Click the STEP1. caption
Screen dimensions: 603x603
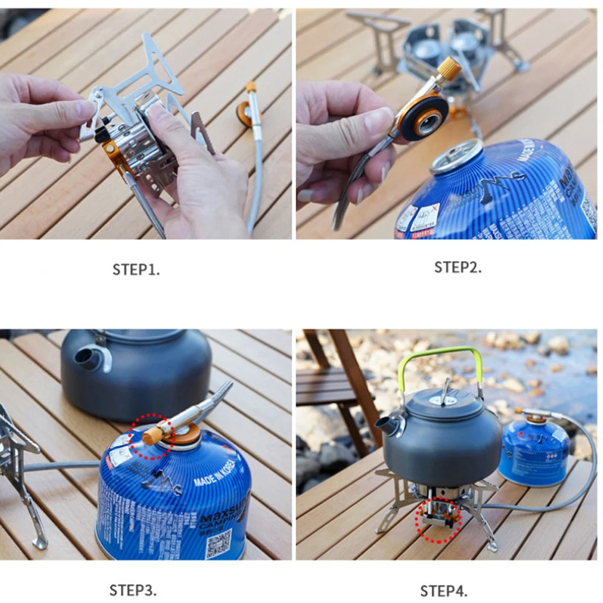[x=136, y=270]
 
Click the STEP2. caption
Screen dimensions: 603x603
[x=458, y=267]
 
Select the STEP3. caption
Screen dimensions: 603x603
[x=133, y=589]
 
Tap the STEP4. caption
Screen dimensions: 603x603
[x=443, y=590]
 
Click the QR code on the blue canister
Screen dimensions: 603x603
[x=218, y=543]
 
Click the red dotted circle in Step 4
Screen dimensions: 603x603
[x=438, y=519]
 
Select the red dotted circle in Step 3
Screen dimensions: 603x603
[x=151, y=436]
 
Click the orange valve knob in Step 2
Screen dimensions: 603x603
[x=449, y=68]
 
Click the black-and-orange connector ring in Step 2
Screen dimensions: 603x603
[x=425, y=117]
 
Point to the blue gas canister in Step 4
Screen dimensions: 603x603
[x=534, y=452]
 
